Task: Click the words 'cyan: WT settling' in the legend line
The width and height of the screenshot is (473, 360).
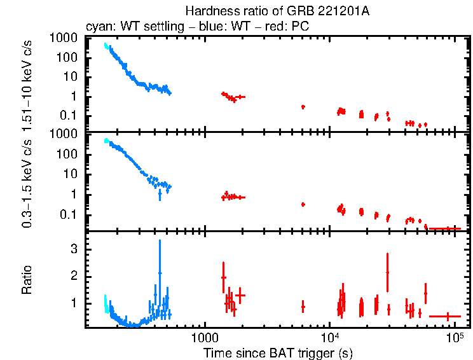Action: pos(124,27)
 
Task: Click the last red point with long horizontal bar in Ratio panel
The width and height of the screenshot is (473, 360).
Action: pos(448,316)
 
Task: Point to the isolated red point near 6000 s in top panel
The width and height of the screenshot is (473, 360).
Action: pos(303,107)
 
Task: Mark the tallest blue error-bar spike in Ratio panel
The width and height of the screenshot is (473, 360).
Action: pos(160,272)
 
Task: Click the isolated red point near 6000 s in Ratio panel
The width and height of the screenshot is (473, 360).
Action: pos(303,307)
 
